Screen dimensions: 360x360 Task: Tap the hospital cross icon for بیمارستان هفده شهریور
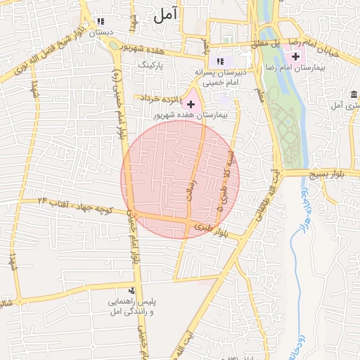(x=191, y=103)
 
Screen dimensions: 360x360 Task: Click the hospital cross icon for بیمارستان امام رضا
(x=295, y=56)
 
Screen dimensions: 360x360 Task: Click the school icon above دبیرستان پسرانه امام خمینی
(x=221, y=60)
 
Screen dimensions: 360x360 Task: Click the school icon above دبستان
(x=101, y=21)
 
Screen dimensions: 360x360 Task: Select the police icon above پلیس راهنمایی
(x=131, y=290)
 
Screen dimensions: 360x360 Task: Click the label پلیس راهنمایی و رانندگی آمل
(x=131, y=305)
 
